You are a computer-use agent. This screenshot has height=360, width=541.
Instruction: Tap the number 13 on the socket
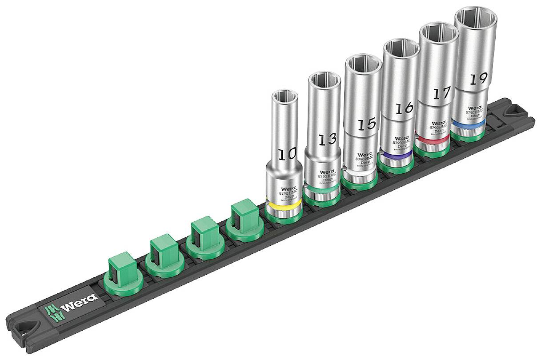[x=327, y=139]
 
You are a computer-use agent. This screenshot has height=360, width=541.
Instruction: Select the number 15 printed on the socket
[x=367, y=124]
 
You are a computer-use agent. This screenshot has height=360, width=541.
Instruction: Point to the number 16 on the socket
[x=404, y=108]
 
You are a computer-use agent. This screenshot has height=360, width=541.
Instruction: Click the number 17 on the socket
[x=441, y=93]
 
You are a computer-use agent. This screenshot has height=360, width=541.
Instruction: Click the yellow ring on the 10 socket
[x=283, y=207]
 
